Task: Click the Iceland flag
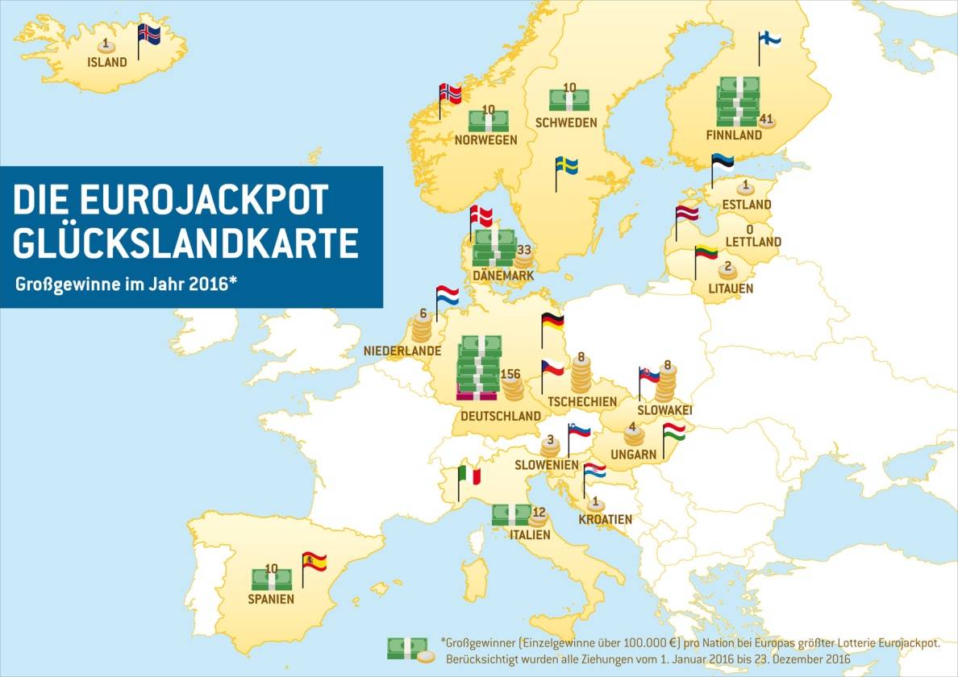149,35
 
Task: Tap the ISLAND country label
107,62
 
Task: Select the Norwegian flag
451,93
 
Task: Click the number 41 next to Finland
766,119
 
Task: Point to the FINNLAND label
733,135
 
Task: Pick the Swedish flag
567,166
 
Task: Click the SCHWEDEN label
566,123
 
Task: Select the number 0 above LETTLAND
749,228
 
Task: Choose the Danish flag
481,215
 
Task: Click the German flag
552,320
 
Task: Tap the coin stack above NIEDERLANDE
422,330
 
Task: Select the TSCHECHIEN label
581,401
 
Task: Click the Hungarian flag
674,433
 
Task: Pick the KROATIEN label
605,520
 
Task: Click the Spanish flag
314,561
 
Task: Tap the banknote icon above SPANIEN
271,579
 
